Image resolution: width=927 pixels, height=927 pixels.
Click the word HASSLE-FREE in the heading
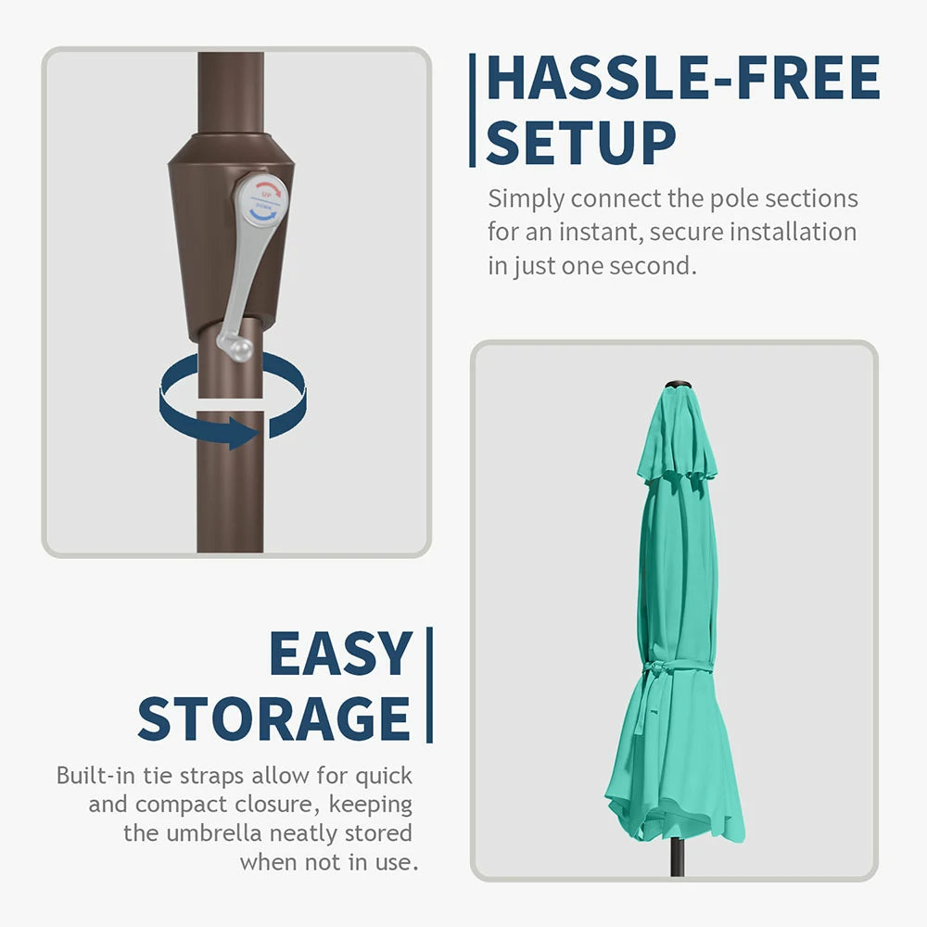683,78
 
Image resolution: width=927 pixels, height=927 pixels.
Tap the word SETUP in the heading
580,143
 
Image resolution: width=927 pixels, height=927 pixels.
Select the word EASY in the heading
340,654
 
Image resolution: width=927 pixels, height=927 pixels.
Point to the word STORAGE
273,718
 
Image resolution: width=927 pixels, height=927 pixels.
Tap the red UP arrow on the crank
268,189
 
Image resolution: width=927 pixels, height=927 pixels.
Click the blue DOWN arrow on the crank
263,213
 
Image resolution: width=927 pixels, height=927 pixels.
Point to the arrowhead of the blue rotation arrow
243,433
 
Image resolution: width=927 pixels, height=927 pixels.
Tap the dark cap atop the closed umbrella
679,386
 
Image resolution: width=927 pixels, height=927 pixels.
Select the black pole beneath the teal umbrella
677,857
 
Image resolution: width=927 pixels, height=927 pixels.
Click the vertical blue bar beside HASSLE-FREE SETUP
473,110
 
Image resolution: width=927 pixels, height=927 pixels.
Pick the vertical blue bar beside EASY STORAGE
430,685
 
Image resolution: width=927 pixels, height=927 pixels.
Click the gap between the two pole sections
230,404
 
